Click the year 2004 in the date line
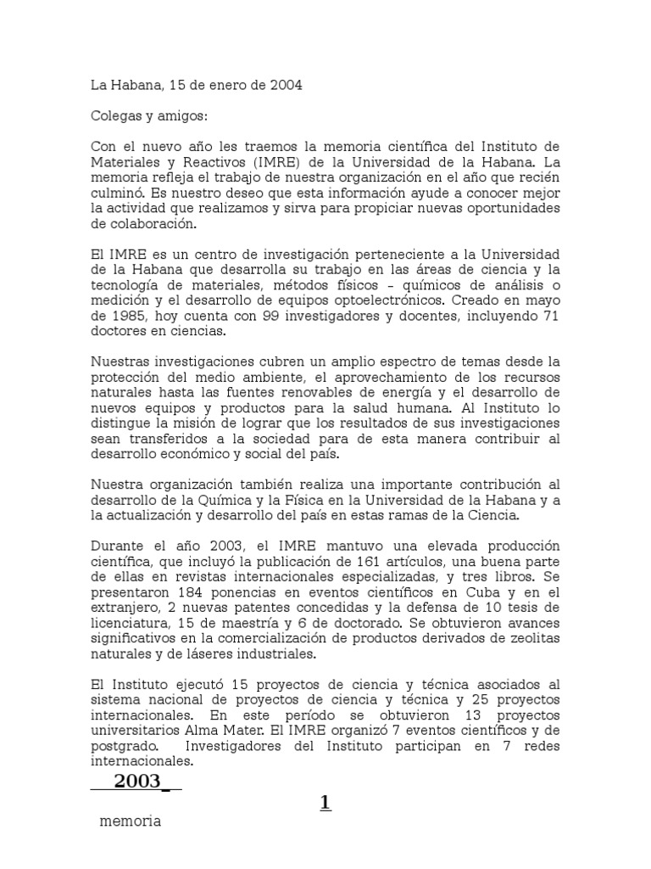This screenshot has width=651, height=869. [284, 85]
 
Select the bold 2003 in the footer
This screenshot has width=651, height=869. [136, 782]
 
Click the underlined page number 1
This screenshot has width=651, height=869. [325, 803]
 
